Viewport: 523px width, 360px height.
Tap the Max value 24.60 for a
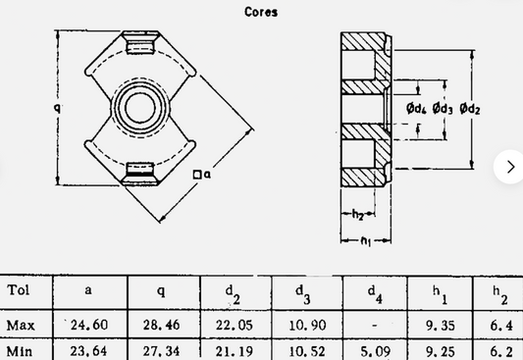point(90,325)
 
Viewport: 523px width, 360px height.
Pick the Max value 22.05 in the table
point(233,325)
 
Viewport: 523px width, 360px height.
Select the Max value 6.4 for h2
point(500,325)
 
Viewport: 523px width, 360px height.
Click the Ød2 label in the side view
point(470,108)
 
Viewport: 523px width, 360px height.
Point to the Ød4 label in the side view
point(415,108)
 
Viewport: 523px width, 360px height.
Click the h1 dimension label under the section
point(365,239)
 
